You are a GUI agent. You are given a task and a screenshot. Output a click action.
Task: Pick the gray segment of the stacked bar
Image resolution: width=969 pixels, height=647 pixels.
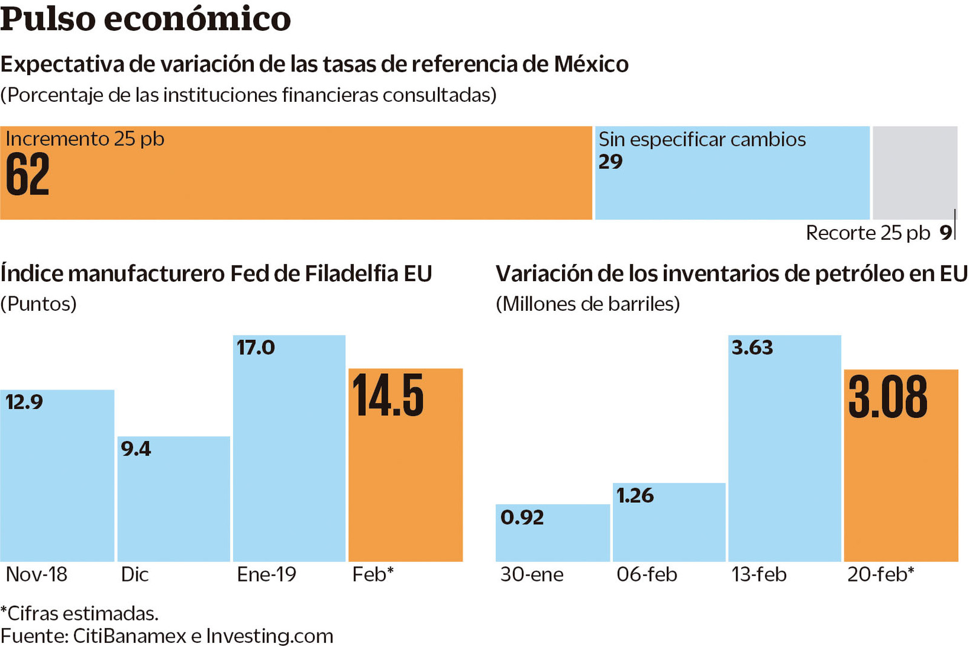point(914,172)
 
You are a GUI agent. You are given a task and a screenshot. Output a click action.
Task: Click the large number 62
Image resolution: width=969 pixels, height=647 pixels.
point(28,175)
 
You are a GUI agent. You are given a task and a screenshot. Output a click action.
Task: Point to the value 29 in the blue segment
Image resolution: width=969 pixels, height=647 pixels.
point(610,162)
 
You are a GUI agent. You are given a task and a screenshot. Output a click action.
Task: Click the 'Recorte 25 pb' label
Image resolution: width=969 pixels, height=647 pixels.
point(867,233)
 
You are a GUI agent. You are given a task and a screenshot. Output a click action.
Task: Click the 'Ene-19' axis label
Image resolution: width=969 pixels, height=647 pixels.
point(266,574)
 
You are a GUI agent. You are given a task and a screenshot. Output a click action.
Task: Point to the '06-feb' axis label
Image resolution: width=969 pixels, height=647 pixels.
point(647,574)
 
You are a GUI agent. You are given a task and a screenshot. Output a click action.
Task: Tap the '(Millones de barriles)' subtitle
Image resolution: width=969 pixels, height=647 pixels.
point(587,304)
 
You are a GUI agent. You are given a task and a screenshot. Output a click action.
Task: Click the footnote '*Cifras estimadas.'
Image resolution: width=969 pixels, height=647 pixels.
point(79,613)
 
